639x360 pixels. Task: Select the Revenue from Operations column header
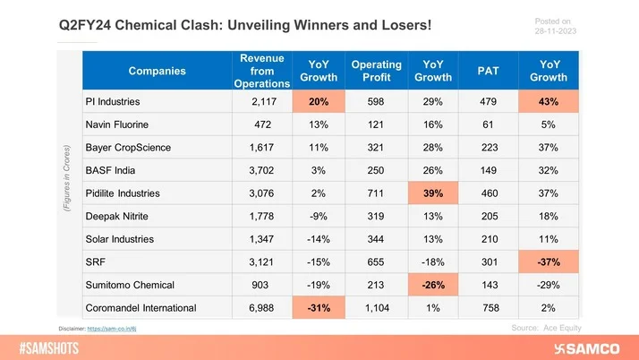[x=261, y=70]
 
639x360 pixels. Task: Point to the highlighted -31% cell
[x=318, y=309]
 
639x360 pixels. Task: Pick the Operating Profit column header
[x=376, y=70]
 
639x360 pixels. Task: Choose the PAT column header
[x=490, y=70]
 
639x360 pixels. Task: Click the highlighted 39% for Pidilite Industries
[x=433, y=193]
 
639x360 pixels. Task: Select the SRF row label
[x=95, y=262]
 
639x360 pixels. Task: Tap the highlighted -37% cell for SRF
[x=549, y=262]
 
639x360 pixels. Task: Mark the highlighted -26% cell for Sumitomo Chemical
[x=433, y=286]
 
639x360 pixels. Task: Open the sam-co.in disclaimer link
[x=117, y=329]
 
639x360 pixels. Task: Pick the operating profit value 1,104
[x=376, y=309]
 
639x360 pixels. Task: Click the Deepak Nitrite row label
[x=117, y=217]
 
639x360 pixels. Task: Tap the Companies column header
[x=158, y=70]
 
